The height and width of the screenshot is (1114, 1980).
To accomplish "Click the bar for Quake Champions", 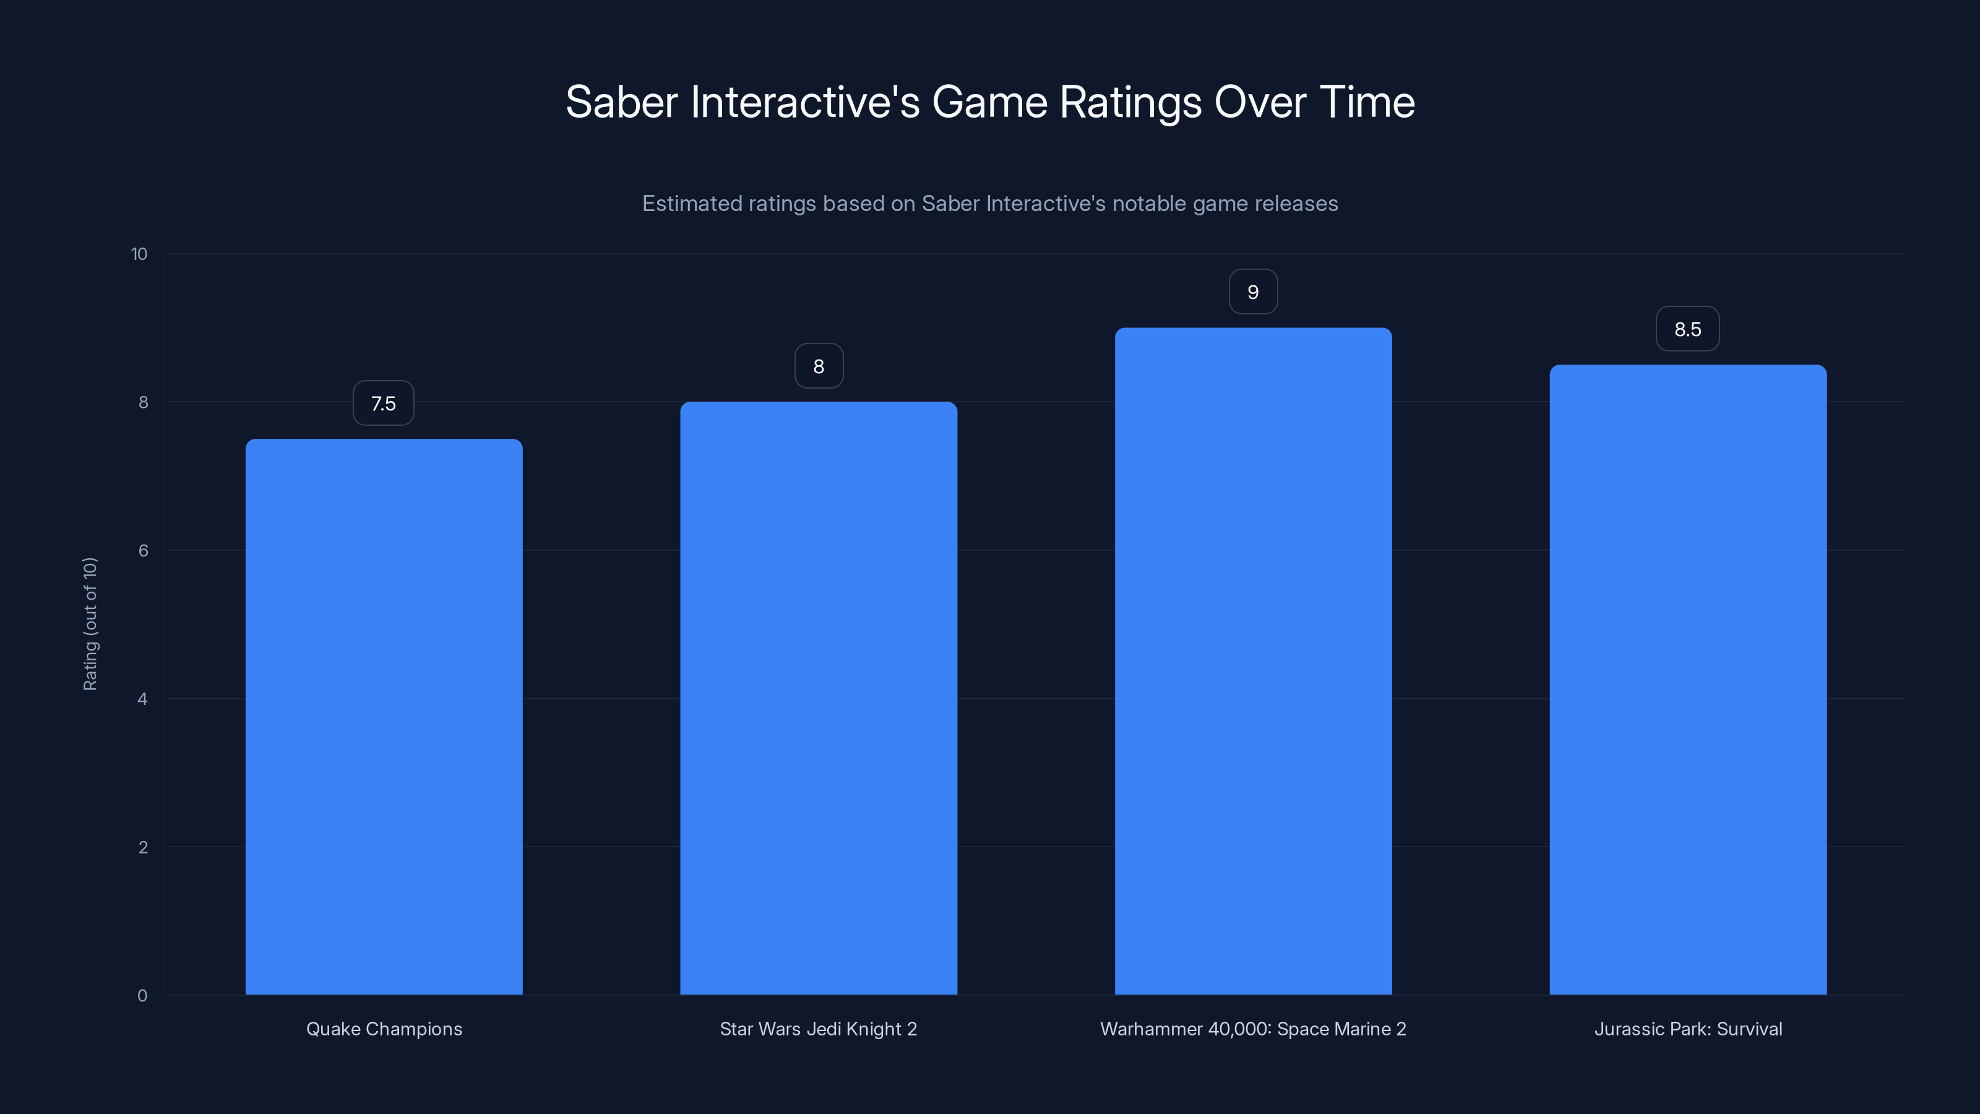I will pos(384,717).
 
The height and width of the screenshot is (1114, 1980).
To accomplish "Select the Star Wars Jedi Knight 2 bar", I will pos(819,698).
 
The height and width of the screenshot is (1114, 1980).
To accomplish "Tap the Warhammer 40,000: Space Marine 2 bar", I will pos(1253,661).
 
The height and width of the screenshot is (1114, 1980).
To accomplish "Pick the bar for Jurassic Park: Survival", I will pos(1688,680).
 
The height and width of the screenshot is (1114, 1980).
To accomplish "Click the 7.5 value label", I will pos(384,404).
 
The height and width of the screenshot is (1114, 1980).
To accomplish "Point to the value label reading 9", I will pos(1253,292).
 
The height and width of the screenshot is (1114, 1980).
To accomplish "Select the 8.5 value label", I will pos(1688,330).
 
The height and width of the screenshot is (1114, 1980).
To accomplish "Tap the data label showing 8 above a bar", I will pos(819,367).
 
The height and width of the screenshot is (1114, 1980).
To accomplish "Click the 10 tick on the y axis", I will pos(139,254).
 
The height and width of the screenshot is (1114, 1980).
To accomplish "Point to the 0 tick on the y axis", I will pos(142,996).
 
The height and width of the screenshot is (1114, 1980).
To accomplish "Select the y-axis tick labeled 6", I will pos(143,550).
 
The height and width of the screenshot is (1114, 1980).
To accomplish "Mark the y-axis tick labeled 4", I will pos(142,699).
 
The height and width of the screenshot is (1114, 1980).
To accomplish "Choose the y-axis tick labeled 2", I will pos(143,847).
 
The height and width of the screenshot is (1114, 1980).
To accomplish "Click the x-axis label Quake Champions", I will pos(384,1029).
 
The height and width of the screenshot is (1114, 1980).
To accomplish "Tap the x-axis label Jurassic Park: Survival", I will pos(1688,1029).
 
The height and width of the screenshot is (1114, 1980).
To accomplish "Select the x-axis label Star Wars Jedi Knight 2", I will pos(819,1029).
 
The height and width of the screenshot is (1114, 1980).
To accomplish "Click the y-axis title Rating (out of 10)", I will pos(90,624).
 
